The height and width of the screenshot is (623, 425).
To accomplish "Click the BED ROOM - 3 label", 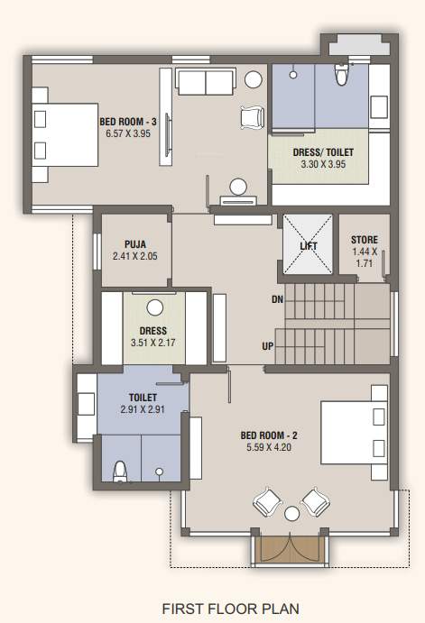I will click(128, 122).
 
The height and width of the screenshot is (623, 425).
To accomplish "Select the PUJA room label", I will click(135, 243).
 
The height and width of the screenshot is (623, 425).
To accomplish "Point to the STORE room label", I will click(365, 240).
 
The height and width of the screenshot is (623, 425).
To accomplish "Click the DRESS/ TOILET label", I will click(317, 152).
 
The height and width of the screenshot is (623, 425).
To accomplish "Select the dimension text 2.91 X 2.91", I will click(143, 409).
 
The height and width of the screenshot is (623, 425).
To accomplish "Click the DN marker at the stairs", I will click(277, 298).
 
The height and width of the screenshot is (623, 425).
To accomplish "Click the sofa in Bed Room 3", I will click(206, 82).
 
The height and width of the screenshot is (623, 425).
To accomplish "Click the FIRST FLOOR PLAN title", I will click(230, 609).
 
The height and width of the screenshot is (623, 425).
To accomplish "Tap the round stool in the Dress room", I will click(155, 306).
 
